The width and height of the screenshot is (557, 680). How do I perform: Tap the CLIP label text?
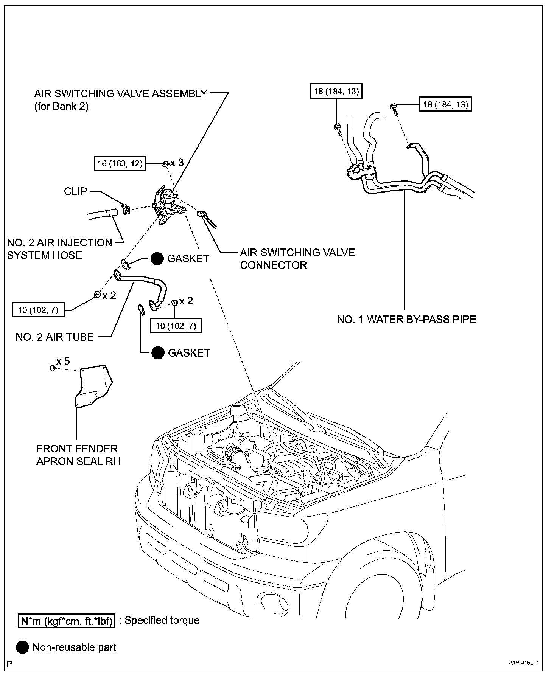pyautogui.click(x=75, y=191)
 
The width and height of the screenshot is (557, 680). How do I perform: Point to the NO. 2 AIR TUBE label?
pyautogui.click(x=54, y=337)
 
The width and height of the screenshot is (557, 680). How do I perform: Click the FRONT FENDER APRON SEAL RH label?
pyautogui.click(x=78, y=455)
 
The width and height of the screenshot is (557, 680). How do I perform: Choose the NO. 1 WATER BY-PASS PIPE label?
pyautogui.click(x=406, y=319)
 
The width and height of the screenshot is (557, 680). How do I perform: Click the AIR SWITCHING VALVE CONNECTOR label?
pyautogui.click(x=297, y=259)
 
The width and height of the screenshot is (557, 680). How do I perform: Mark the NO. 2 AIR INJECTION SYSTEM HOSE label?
pyautogui.click(x=59, y=249)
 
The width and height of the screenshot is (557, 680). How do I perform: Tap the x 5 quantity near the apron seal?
pyautogui.click(x=63, y=362)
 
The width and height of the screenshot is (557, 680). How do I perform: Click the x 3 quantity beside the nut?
pyautogui.click(x=177, y=163)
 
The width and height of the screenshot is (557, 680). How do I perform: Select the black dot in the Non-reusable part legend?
pyautogui.click(x=22, y=647)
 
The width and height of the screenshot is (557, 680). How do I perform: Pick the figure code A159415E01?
pyautogui.click(x=523, y=663)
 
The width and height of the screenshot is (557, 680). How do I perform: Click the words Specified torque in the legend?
pyautogui.click(x=162, y=620)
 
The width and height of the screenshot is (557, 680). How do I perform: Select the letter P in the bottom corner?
pyautogui.click(x=9, y=664)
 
